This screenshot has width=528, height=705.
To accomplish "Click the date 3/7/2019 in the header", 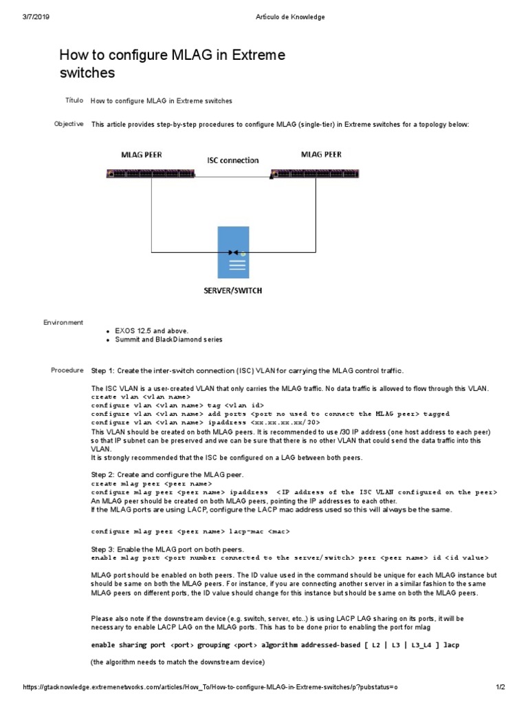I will (35, 17).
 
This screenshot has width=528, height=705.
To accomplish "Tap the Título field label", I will (74, 101).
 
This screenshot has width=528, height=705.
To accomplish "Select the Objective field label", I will (69, 124).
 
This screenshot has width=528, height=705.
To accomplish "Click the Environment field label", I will (63, 322).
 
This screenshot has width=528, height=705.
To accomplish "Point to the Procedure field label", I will (67, 370).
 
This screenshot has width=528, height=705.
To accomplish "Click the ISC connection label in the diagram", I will (233, 160).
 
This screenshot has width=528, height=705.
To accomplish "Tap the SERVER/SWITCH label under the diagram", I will (232, 291).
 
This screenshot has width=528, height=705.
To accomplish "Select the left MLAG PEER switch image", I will (151, 174).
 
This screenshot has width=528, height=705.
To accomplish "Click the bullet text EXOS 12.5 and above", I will (146, 331).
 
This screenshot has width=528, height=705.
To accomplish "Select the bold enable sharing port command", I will (275, 645).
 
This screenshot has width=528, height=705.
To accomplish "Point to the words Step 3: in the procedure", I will (103, 549).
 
